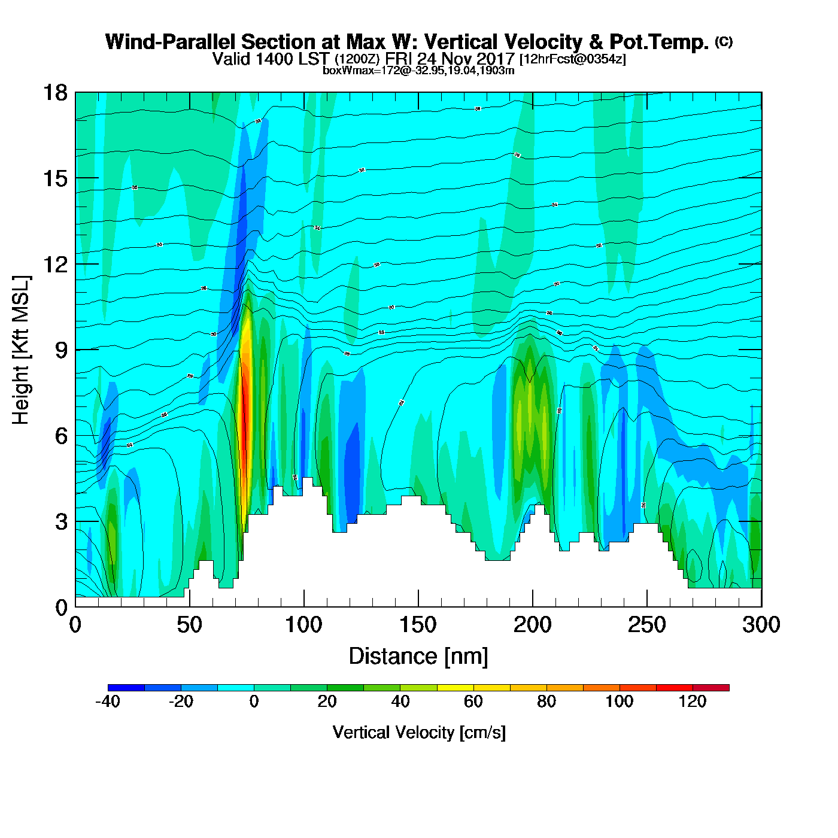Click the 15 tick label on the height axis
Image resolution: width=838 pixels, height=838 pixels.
point(54,178)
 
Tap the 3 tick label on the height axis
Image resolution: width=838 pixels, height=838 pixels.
point(61,522)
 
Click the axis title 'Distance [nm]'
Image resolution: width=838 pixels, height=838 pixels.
point(418,657)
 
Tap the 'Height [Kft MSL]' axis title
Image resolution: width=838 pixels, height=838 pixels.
point(21,350)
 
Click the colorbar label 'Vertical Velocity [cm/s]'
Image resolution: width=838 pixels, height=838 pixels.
point(419,732)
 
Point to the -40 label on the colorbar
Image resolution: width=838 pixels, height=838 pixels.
point(108,702)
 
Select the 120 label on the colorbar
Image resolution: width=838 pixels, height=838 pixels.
point(693,702)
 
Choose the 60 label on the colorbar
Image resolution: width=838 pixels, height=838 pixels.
point(473,702)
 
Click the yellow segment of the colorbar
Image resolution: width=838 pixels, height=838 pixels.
point(455,688)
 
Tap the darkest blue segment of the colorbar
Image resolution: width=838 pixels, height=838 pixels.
point(126,688)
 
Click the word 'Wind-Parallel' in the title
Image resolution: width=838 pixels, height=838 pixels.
point(171,42)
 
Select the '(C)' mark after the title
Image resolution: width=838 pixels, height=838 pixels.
point(724,41)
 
